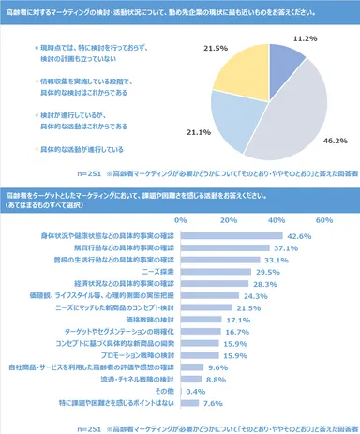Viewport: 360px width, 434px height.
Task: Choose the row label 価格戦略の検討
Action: pos(150,320)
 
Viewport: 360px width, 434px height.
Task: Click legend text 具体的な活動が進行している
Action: pos(85,149)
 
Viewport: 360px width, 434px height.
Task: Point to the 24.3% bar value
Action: pos(256,296)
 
